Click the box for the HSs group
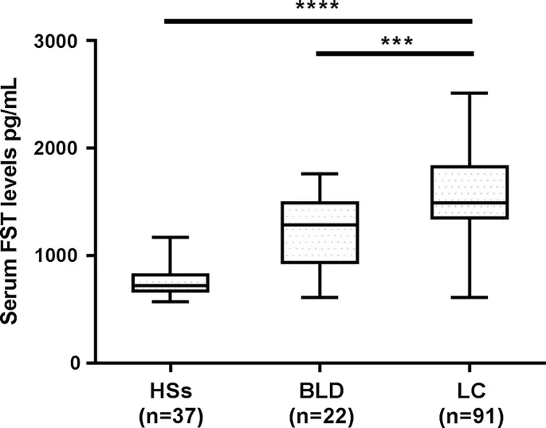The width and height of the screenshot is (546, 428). (x=171, y=283)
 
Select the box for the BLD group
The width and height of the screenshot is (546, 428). (x=319, y=232)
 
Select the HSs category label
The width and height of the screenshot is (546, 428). (x=171, y=390)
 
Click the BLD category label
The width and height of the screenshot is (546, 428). (x=319, y=390)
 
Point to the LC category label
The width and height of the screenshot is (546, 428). (x=469, y=390)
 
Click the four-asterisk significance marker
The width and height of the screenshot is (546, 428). (x=317, y=7)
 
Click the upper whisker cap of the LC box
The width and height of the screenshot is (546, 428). (x=469, y=93)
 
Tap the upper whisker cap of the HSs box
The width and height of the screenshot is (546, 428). (x=171, y=237)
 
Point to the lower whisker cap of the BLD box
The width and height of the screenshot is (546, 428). (x=319, y=297)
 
